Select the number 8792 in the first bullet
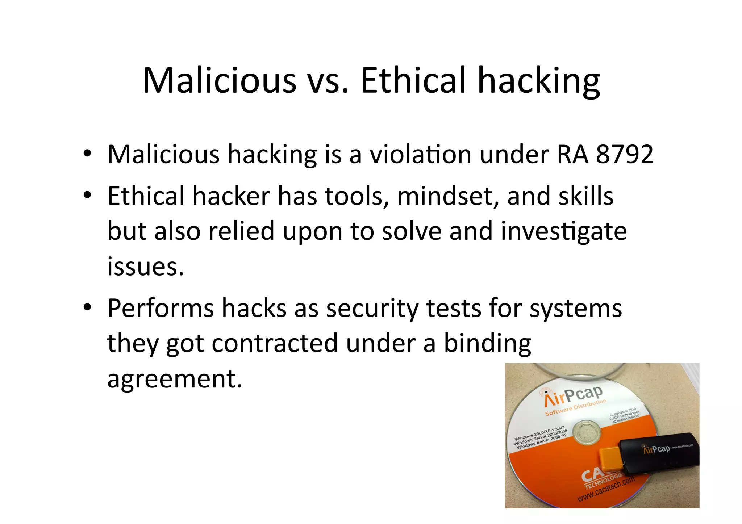pyautogui.click(x=624, y=155)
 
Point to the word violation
pyautogui.click(x=420, y=155)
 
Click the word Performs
pyautogui.click(x=161, y=309)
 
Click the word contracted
pyautogui.click(x=275, y=343)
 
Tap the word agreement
pyautogui.click(x=175, y=380)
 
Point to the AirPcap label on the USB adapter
pyautogui.click(x=656, y=449)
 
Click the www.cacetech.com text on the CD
pyautogui.click(x=606, y=490)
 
